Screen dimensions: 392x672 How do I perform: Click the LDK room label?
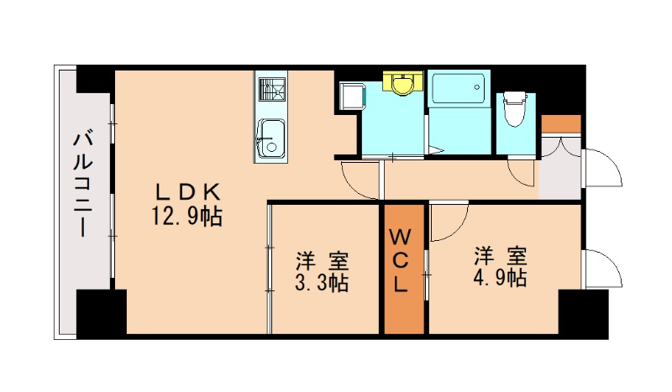186,190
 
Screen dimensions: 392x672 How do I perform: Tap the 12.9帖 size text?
186,217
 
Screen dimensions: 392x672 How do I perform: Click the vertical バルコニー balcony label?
84,182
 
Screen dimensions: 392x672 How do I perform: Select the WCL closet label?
402,259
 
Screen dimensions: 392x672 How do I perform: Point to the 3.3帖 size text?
322,283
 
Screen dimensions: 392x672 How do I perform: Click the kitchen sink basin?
271,138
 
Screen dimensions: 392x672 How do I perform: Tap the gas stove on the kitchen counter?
271,88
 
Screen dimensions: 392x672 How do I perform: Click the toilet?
513,110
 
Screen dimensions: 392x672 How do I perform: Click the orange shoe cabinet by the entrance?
560,123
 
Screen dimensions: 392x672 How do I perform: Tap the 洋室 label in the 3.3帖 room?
322,259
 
